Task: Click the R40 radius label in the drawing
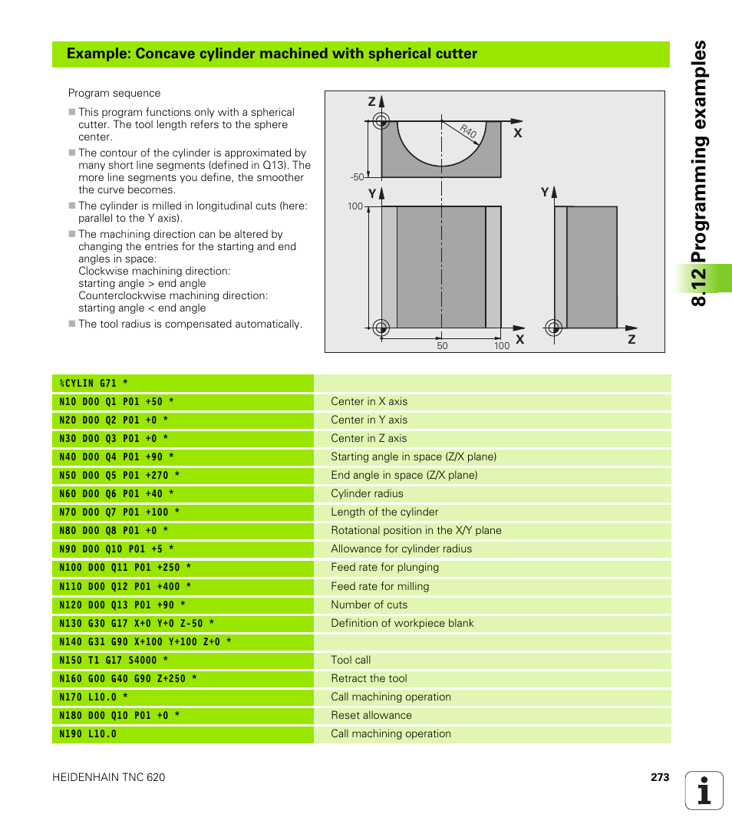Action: click(x=469, y=131)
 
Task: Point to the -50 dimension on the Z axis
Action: click(x=357, y=177)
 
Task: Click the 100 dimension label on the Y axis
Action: click(x=355, y=206)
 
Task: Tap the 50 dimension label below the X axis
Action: click(x=442, y=346)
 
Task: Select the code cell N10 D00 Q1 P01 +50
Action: click(x=117, y=401)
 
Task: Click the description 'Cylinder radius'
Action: click(x=367, y=493)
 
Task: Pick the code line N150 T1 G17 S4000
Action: click(x=114, y=660)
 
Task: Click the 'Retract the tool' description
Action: click(x=369, y=678)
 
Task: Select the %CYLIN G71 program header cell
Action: click(x=94, y=383)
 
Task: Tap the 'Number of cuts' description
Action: click(x=369, y=605)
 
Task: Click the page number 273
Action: click(x=659, y=777)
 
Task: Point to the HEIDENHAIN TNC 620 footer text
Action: click(x=108, y=777)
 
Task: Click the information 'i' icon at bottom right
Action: click(x=704, y=790)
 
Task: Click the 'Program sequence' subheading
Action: click(x=114, y=93)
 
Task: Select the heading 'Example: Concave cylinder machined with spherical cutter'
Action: click(x=272, y=54)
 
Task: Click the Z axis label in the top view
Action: click(x=371, y=102)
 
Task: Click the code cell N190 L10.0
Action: click(x=88, y=733)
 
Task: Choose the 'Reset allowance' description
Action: click(x=371, y=715)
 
